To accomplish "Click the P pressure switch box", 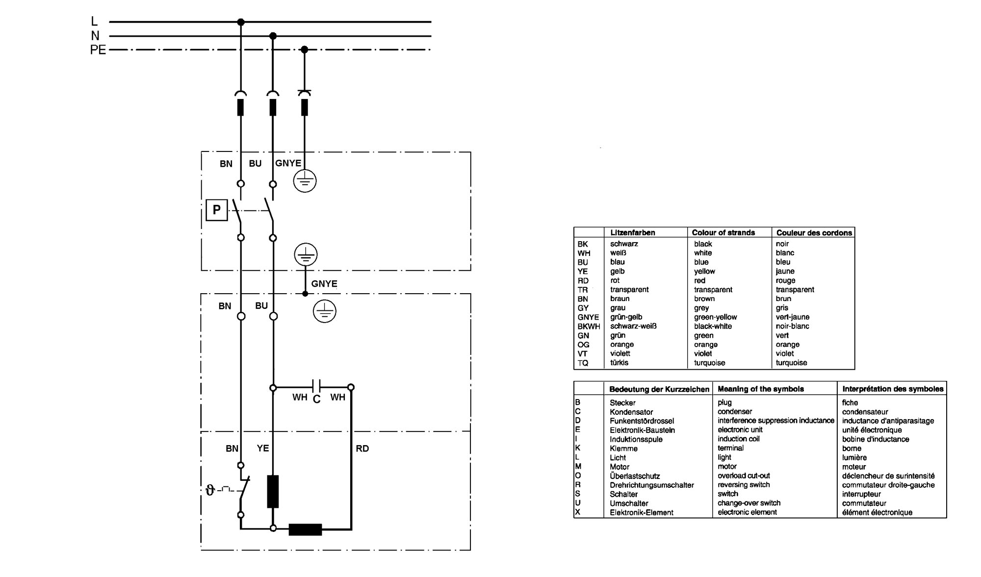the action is (x=216, y=210).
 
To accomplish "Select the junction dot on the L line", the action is (x=240, y=22).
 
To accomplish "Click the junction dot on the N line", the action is (x=273, y=36).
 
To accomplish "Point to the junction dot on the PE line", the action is (x=304, y=50).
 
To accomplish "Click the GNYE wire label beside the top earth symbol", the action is (x=288, y=163).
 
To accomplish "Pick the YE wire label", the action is (x=263, y=448).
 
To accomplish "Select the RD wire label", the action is (x=362, y=449).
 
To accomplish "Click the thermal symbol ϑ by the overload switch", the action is (x=210, y=490).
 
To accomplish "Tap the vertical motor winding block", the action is (x=273, y=491).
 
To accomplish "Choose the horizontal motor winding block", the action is (x=305, y=529).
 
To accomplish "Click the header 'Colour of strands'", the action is (x=723, y=232).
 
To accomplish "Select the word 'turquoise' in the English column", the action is (x=709, y=363).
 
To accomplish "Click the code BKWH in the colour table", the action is (x=589, y=326).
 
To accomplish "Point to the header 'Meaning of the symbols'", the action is (x=761, y=389).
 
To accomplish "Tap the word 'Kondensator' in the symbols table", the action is (x=631, y=412).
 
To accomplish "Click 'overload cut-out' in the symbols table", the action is (x=744, y=476).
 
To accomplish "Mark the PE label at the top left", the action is (x=98, y=50).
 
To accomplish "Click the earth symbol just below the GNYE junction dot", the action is (x=324, y=311).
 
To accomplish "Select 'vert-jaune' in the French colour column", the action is (x=793, y=317).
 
